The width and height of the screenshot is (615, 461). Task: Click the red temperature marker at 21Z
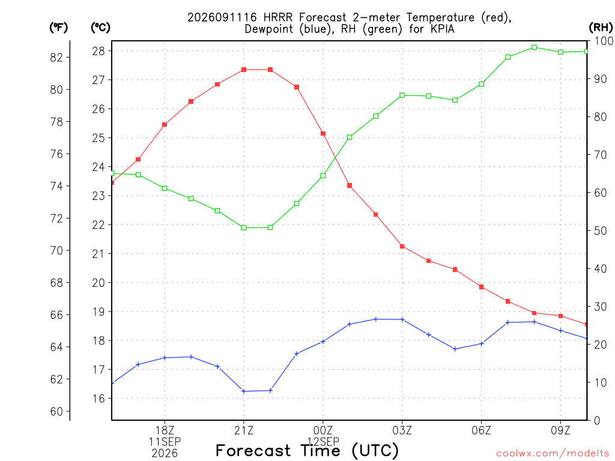click(244, 70)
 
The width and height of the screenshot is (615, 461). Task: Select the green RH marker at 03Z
click(402, 95)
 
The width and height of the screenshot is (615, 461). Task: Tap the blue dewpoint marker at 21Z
click(244, 391)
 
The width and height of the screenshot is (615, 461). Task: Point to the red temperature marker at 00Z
click(323, 134)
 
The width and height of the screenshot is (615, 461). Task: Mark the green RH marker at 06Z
click(481, 84)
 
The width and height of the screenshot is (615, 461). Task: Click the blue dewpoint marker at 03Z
click(402, 319)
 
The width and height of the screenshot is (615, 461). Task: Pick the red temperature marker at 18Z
click(165, 125)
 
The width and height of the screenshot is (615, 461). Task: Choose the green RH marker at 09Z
click(560, 52)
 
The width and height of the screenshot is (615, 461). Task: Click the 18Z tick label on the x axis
click(165, 430)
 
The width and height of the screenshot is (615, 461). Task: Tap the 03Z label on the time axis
click(402, 430)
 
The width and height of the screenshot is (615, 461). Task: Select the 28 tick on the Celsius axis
click(98, 51)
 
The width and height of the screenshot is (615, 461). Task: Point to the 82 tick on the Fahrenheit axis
click(56, 57)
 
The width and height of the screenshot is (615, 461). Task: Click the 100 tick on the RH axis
click(604, 41)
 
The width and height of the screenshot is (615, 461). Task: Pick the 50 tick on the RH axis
click(601, 230)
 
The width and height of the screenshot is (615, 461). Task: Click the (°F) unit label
click(58, 28)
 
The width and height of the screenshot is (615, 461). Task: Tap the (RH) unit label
click(601, 28)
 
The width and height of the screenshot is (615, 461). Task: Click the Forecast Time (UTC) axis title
click(307, 450)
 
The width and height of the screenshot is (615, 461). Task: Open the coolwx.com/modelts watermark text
click(553, 454)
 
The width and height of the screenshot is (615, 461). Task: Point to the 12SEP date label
click(323, 442)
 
